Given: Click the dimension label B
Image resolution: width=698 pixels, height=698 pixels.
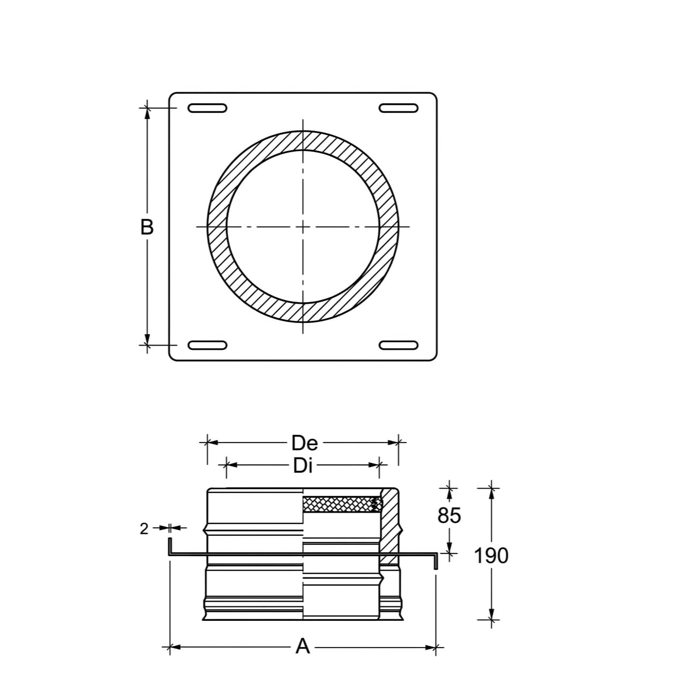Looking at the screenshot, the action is pos(147,228).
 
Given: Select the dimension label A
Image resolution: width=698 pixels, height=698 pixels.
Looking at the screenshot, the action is pos(303,646).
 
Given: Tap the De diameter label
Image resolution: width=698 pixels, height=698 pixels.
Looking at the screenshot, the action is pos(305,442).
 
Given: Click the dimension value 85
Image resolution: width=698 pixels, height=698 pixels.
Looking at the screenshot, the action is pos(449,515).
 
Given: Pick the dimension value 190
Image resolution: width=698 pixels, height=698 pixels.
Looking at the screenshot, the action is pos(491,556).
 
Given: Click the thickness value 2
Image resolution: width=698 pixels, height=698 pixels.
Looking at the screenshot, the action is pos(144,529).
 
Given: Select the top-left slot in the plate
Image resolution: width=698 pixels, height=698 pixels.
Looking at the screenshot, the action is pos(207,108).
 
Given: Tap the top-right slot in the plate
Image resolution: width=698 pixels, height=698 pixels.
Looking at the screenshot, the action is pos(399,108).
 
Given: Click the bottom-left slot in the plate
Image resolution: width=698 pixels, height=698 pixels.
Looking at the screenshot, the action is pos(207,345).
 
